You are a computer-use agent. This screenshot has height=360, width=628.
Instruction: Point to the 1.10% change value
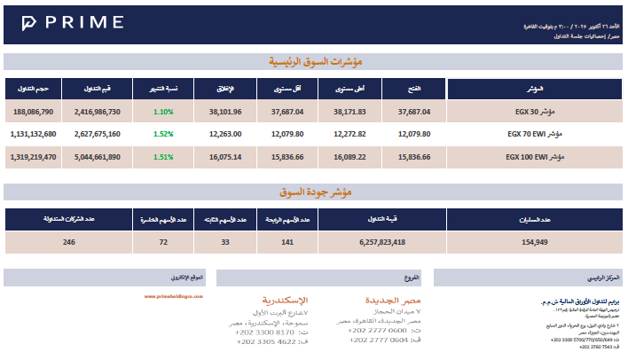(162, 113)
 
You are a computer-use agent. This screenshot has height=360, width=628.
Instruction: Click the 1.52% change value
(162, 135)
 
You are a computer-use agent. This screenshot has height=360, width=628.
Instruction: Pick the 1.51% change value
(162, 156)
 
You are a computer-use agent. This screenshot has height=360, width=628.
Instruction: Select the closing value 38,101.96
(225, 113)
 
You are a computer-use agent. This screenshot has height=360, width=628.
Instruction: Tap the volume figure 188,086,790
(34, 113)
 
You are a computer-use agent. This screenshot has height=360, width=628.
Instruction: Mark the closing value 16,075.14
(225, 156)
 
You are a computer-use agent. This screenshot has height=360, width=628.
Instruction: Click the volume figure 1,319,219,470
(34, 156)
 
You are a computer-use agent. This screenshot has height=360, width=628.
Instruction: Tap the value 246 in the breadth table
(68, 241)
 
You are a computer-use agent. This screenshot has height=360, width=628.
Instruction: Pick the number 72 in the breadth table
(163, 241)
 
